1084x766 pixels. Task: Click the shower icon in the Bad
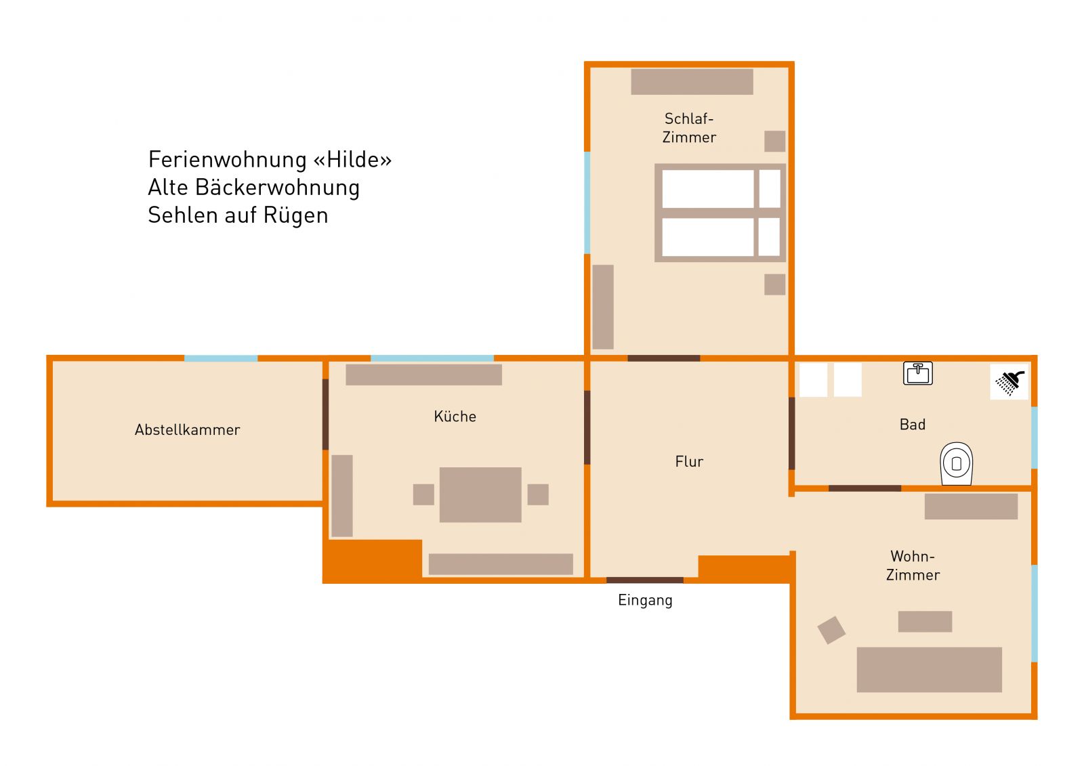(x=1009, y=383)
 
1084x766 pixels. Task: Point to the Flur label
(x=689, y=461)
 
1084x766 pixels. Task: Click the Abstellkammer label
(x=187, y=429)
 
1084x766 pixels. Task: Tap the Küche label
(x=455, y=416)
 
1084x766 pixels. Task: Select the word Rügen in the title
(x=295, y=216)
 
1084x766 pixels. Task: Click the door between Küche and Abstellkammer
(x=325, y=414)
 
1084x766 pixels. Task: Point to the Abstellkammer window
(x=221, y=358)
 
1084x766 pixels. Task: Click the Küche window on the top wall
(x=432, y=358)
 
